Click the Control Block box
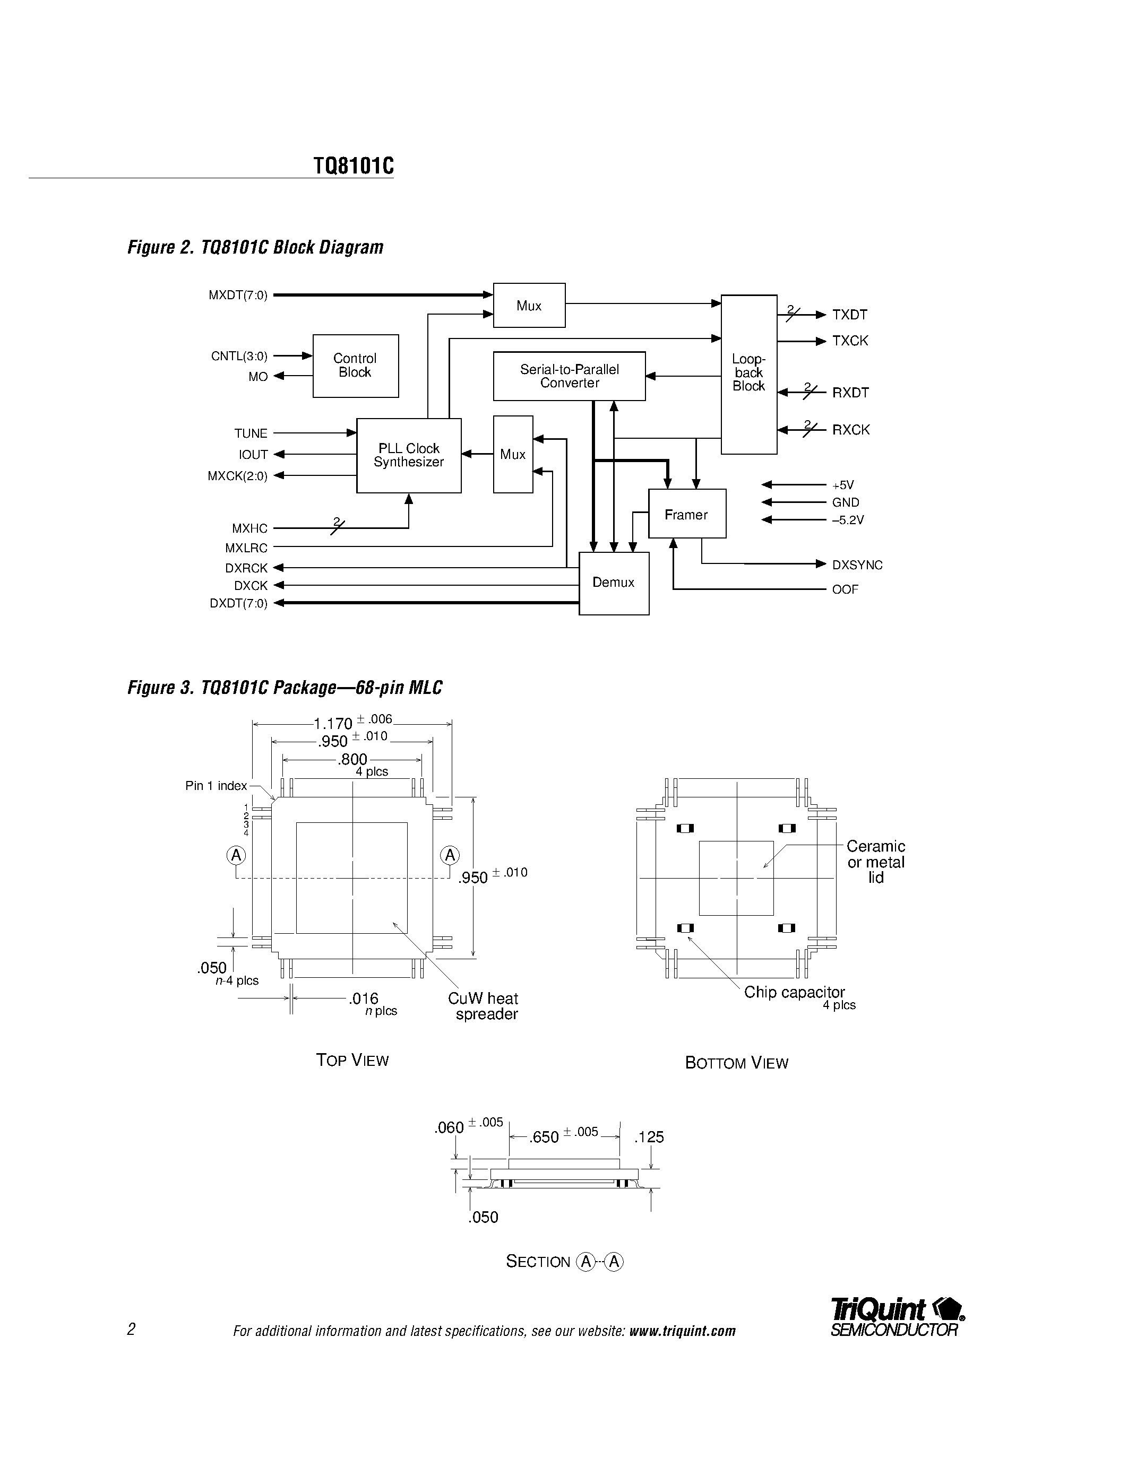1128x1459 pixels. pos(356,366)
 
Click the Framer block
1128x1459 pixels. pos(686,514)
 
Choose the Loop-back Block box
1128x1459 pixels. pos(748,374)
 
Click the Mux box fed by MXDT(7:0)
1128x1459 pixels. pos(529,305)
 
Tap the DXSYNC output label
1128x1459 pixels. pos(857,565)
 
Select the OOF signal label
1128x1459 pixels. pos(845,589)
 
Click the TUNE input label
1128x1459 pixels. pos(251,433)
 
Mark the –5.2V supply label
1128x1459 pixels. pos(847,520)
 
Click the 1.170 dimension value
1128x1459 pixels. pos(333,724)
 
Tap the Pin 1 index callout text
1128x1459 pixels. pos(216,786)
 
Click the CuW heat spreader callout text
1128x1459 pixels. pos(484,1006)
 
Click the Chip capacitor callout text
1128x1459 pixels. pos(794,992)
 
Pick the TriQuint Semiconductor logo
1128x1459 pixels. pos(896,1317)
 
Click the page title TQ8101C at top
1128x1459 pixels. pos(354,166)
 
